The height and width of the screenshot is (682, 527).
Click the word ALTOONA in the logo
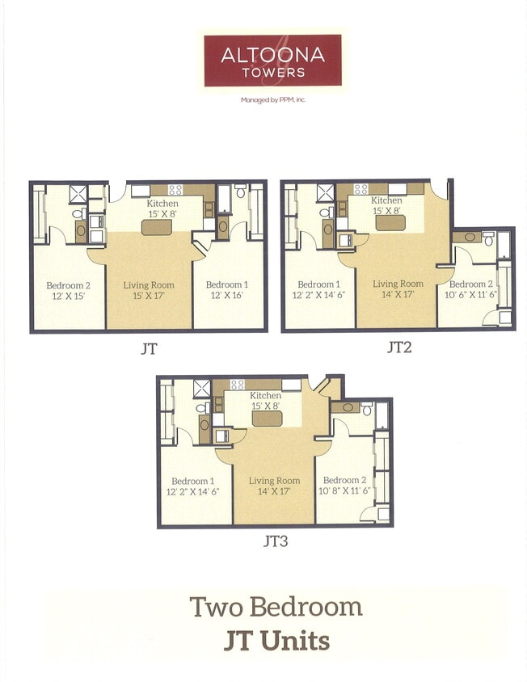pyautogui.click(x=273, y=55)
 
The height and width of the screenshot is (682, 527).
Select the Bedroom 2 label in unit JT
pyautogui.click(x=67, y=284)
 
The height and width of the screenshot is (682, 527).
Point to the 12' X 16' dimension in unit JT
pyautogui.click(x=226, y=296)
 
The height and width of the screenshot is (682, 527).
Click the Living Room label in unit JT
pyautogui.click(x=148, y=284)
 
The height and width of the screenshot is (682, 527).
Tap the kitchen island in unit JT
pyautogui.click(x=157, y=228)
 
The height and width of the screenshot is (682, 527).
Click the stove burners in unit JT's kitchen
pyautogui.click(x=174, y=190)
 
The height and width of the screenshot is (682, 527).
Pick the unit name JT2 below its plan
pyautogui.click(x=400, y=348)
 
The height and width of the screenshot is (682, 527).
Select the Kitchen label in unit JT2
pyautogui.click(x=386, y=200)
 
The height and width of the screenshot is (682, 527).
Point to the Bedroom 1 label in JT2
pyautogui.click(x=319, y=284)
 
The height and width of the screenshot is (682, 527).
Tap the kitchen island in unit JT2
pyautogui.click(x=389, y=222)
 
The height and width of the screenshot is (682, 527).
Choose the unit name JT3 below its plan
pyautogui.click(x=276, y=541)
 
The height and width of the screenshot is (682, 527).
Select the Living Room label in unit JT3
pyautogui.click(x=274, y=480)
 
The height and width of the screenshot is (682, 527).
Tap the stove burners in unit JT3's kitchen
pyautogui.click(x=238, y=385)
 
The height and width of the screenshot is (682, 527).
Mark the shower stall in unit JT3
pyautogui.click(x=201, y=388)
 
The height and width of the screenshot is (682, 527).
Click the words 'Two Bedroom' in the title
pyautogui.click(x=276, y=606)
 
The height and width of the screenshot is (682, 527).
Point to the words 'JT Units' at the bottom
pyautogui.click(x=276, y=641)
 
